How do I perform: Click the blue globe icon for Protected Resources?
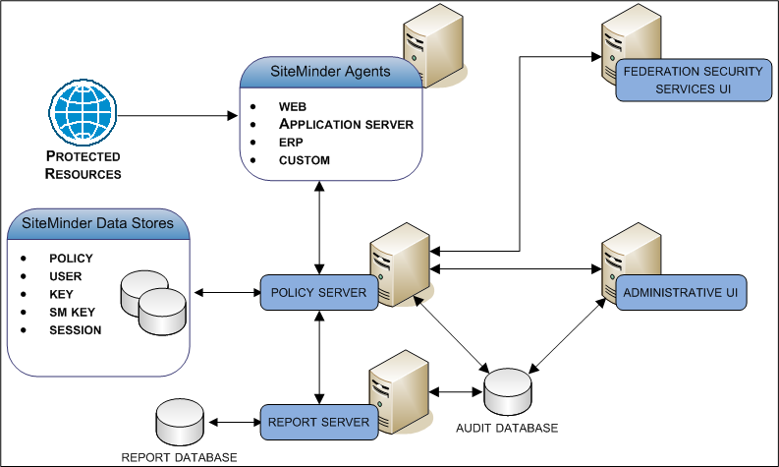coord(83,115)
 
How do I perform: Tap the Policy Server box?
coord(318,293)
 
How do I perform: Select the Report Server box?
coord(318,423)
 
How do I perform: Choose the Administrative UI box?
coord(683,292)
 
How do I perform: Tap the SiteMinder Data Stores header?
coord(97,223)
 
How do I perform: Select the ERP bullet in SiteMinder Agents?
coord(291,142)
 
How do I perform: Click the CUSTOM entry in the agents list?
coord(305,159)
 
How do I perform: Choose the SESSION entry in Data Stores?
coord(75,329)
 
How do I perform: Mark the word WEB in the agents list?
coord(293,106)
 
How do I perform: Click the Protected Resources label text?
coord(83,165)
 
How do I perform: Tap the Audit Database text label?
coord(507,429)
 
